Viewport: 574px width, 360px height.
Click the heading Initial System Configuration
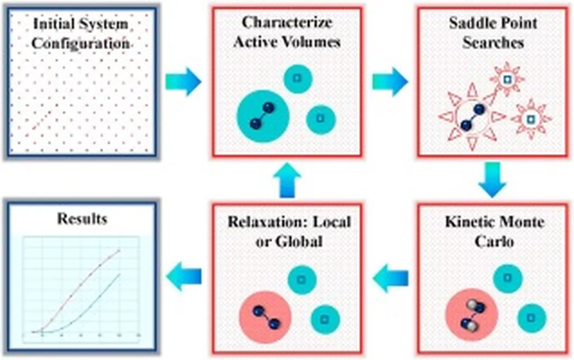coord(81,33)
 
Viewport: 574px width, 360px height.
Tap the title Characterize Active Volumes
coord(286,32)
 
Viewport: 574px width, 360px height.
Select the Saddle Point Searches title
coord(493,32)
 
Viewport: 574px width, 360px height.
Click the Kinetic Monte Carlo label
coord(494,231)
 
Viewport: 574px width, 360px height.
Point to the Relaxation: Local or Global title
coord(289,231)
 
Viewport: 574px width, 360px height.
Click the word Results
coord(81,218)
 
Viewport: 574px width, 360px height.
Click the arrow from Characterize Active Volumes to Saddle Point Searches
coord(390,82)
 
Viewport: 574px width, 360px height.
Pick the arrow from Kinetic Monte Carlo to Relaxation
coord(390,279)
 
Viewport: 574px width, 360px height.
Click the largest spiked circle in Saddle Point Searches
coord(472,118)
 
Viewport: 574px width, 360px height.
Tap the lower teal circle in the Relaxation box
coord(325,319)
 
